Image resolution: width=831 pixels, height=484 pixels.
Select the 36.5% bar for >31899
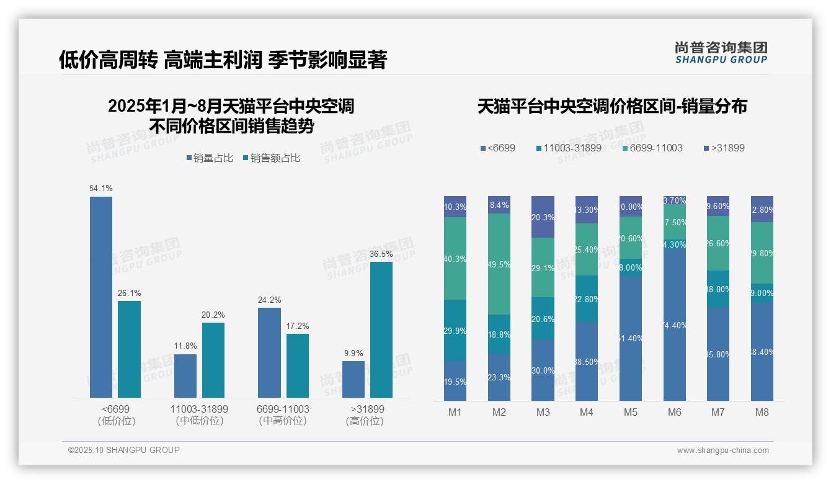point(381,329)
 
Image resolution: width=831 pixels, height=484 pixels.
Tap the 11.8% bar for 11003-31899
point(185,375)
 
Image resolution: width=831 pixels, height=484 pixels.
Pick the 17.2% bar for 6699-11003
point(298,365)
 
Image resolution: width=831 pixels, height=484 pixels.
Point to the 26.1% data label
point(129,293)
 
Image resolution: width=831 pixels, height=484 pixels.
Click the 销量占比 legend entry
point(210,158)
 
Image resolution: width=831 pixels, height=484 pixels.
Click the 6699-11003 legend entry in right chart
point(652,148)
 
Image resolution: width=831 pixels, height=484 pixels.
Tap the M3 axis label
point(543,412)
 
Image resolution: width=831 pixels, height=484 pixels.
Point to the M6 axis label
point(675,412)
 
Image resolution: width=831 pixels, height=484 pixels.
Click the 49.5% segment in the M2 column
point(499,264)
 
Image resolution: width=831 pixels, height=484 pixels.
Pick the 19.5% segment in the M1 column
point(455,381)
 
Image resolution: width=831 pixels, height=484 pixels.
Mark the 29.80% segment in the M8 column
point(762,253)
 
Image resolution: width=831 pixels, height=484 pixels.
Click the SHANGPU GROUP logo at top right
point(721,53)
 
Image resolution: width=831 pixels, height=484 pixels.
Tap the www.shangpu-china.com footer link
point(722,450)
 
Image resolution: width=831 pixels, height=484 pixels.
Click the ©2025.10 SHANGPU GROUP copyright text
point(124,450)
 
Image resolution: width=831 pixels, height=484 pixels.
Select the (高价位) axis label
point(365,421)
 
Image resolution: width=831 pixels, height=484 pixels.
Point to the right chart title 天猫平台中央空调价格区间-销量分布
point(612,106)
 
